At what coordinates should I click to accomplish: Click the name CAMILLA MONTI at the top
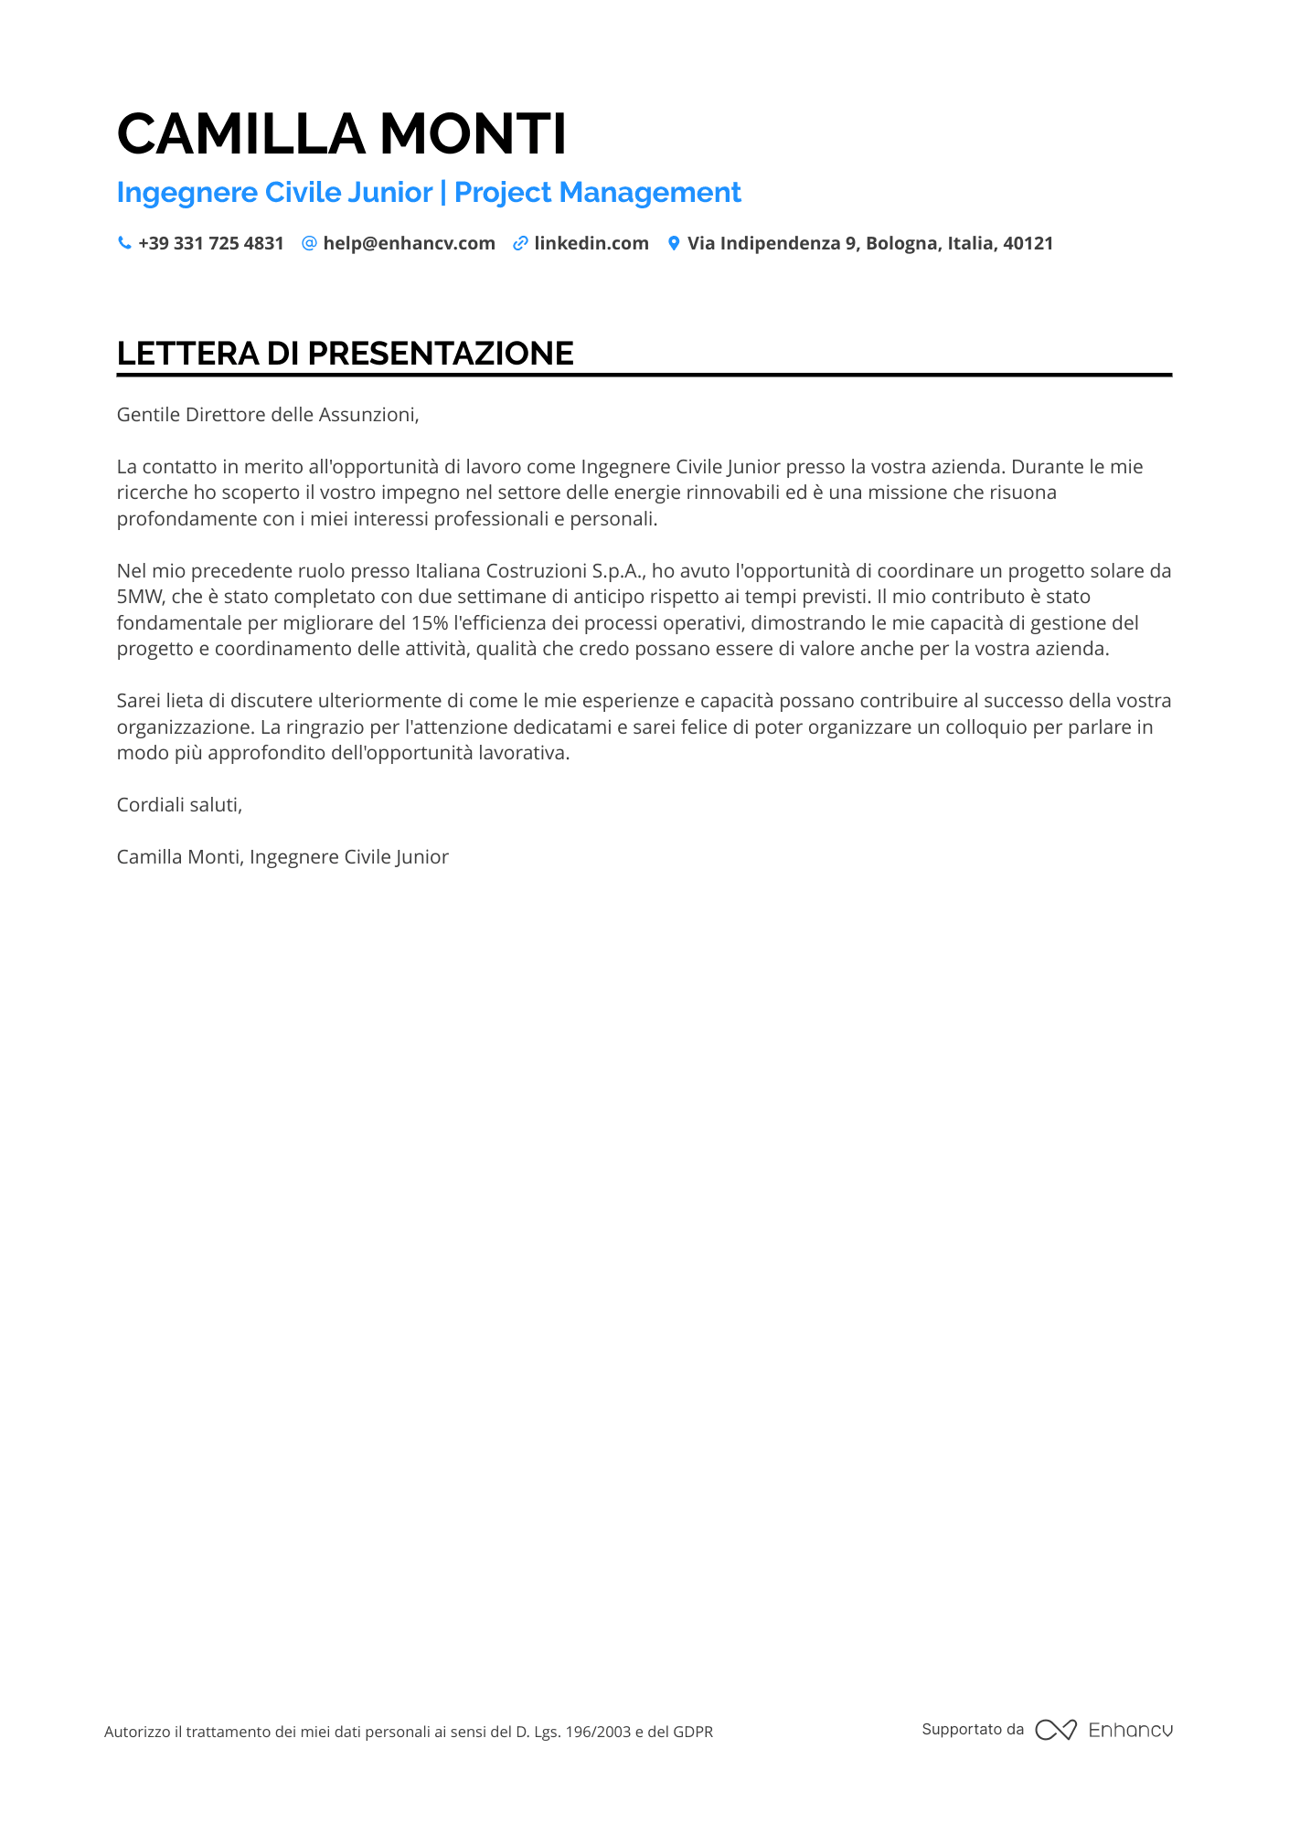(x=341, y=134)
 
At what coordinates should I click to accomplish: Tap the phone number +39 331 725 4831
(x=210, y=243)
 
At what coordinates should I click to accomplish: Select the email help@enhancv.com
(x=409, y=243)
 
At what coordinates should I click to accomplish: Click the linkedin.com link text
(x=591, y=243)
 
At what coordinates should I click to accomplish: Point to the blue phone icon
(x=124, y=243)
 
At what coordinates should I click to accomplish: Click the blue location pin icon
(x=674, y=243)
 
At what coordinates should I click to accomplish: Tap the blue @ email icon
(x=309, y=243)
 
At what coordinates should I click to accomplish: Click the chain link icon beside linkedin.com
(x=520, y=243)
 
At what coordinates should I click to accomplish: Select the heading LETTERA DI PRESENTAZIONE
(x=345, y=354)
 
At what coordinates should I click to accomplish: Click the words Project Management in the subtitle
(x=597, y=193)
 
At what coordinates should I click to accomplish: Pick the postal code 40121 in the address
(x=1028, y=243)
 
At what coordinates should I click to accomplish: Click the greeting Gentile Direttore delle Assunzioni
(x=267, y=415)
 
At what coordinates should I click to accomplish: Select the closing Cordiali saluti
(x=179, y=805)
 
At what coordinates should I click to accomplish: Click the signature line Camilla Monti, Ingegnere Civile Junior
(x=282, y=857)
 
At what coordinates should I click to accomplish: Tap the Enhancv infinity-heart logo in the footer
(x=1055, y=1730)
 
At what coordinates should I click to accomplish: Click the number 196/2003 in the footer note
(x=598, y=1732)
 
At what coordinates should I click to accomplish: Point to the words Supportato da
(x=973, y=1729)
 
